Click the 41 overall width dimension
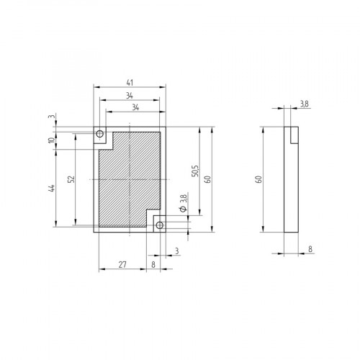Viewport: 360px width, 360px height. coord(130,81)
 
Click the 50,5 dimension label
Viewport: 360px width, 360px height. coord(194,171)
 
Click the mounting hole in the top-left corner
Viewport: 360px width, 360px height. coord(101,134)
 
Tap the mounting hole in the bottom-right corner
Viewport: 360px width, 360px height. coord(160,225)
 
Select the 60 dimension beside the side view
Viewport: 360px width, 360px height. coord(258,179)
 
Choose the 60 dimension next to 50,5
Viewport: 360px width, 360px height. coord(208,179)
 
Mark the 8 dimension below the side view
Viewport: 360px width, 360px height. coord(310,248)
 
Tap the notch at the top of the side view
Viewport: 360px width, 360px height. coord(294,133)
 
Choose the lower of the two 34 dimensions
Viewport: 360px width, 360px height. coord(134,107)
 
